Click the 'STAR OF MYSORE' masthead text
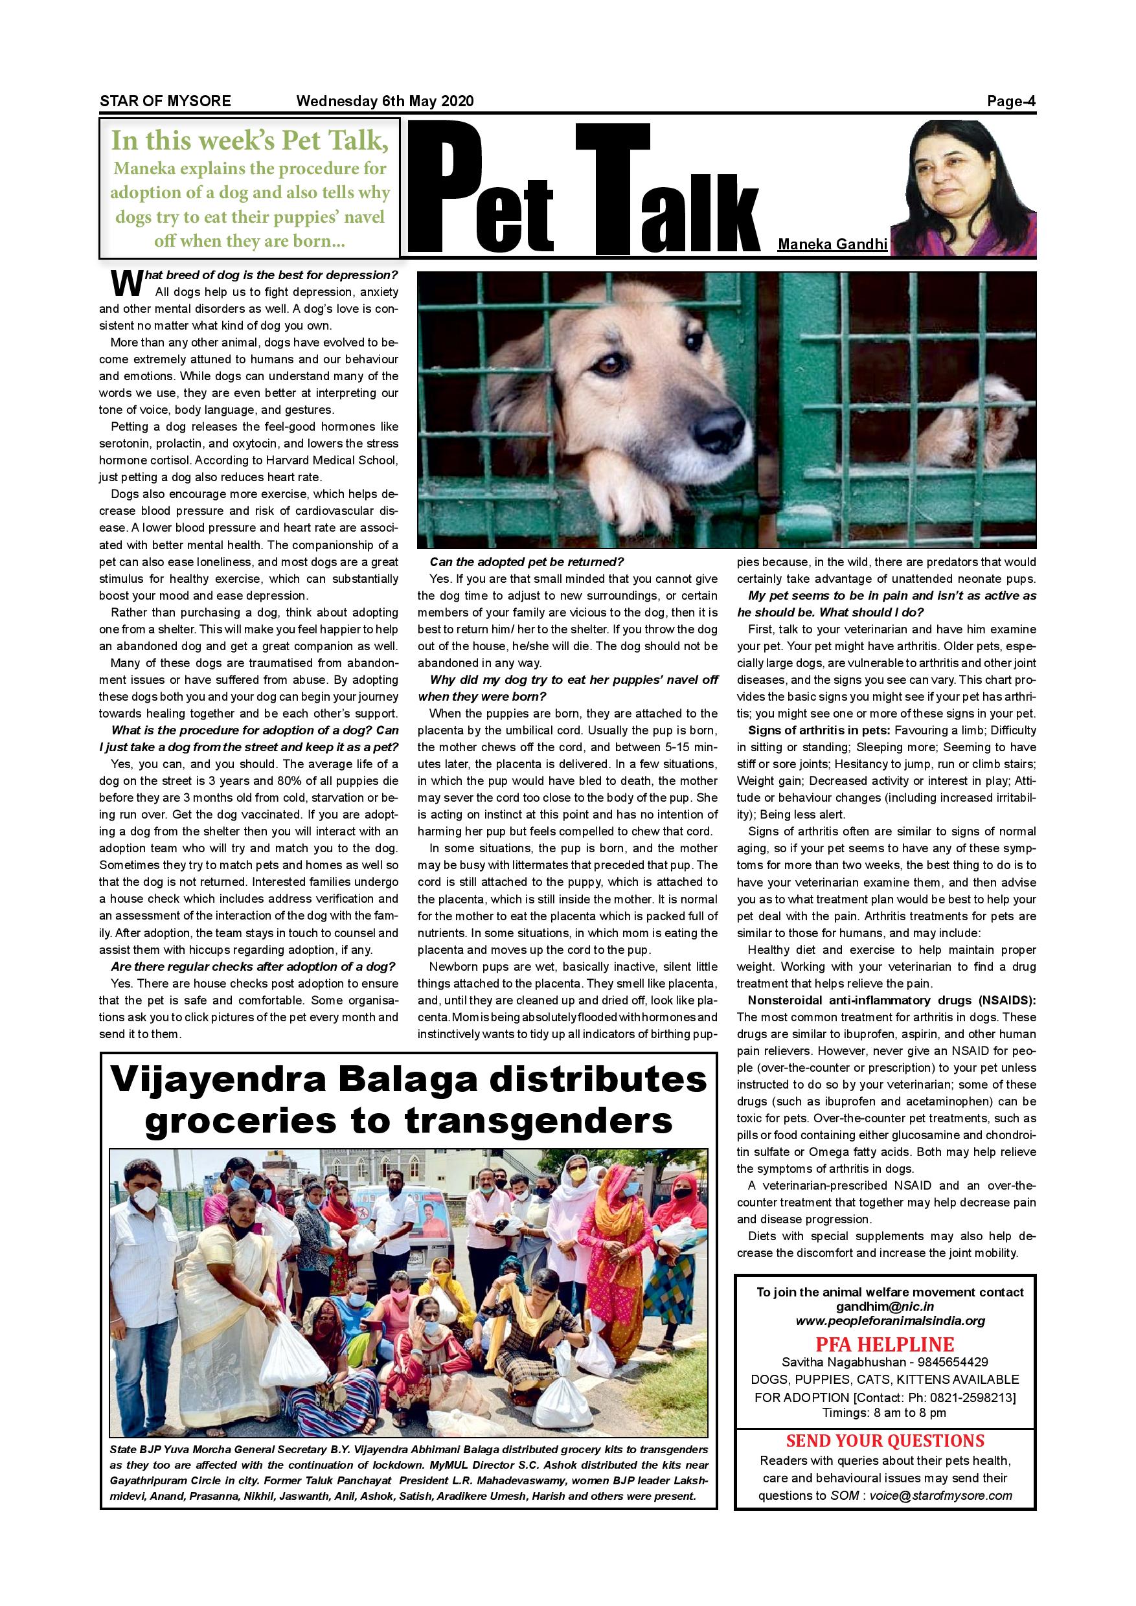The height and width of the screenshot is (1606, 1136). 165,101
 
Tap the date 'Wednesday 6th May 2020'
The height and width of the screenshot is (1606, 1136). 385,101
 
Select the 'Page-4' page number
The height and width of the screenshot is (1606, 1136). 1011,101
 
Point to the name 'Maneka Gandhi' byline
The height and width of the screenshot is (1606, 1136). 832,245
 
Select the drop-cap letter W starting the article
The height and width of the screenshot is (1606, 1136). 126,282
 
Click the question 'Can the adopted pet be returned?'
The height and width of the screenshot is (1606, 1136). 526,561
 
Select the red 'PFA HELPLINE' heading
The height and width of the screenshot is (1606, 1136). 884,1344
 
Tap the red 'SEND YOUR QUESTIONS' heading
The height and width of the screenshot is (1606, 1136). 885,1441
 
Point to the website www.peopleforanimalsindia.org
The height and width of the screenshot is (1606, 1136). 890,1321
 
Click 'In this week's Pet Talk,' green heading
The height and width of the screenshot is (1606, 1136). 250,141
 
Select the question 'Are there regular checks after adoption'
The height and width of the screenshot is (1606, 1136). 253,967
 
